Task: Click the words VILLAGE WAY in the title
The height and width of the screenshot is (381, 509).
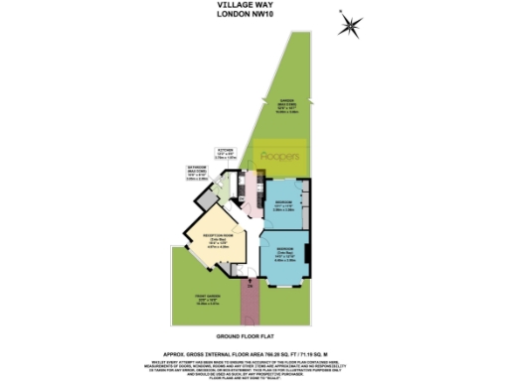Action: (x=254, y=5)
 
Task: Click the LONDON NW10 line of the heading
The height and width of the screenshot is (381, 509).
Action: (x=254, y=15)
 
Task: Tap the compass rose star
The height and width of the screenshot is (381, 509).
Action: (x=350, y=26)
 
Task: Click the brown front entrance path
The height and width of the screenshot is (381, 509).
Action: (x=249, y=297)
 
